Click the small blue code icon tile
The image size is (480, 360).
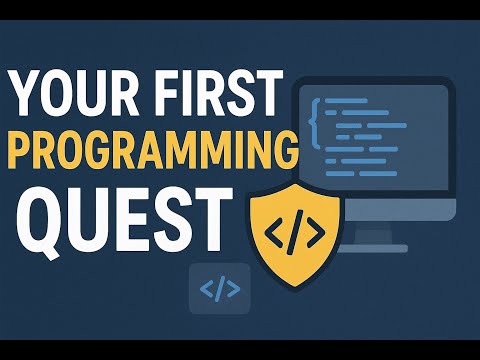(219, 290)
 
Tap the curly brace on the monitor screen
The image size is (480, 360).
(316, 116)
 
